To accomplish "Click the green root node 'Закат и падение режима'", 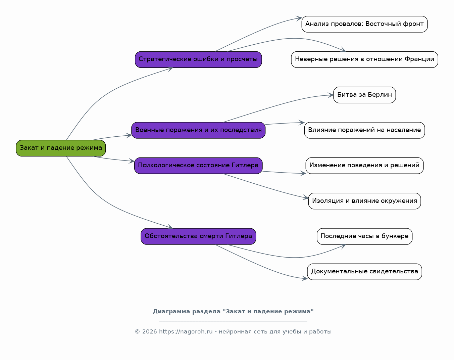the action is (x=61, y=148).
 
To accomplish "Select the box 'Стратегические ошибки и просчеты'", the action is (x=198, y=59).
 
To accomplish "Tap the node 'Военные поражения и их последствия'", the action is (x=198, y=130).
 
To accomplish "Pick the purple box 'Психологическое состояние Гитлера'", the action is (x=198, y=166).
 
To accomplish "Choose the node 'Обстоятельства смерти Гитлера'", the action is (x=198, y=236).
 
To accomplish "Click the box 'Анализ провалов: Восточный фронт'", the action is (x=364, y=24).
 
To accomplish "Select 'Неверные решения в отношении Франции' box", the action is (x=364, y=59).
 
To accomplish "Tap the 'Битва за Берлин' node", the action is (x=364, y=95).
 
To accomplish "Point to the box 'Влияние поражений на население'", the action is (x=364, y=130).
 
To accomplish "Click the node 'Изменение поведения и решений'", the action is (x=364, y=166).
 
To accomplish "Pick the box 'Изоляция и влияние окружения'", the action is (x=364, y=201).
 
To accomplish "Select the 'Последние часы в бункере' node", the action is (x=364, y=236).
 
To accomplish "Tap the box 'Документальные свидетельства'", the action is (x=364, y=272).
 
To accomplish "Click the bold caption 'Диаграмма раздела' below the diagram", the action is (x=187, y=312).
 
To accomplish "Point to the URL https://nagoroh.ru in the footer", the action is (x=186, y=332).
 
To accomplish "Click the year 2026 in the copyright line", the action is (x=150, y=332).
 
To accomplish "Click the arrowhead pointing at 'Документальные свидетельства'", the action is (x=305, y=278).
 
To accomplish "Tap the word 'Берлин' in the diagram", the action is (x=380, y=95).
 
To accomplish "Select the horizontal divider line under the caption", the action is (x=233, y=321).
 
